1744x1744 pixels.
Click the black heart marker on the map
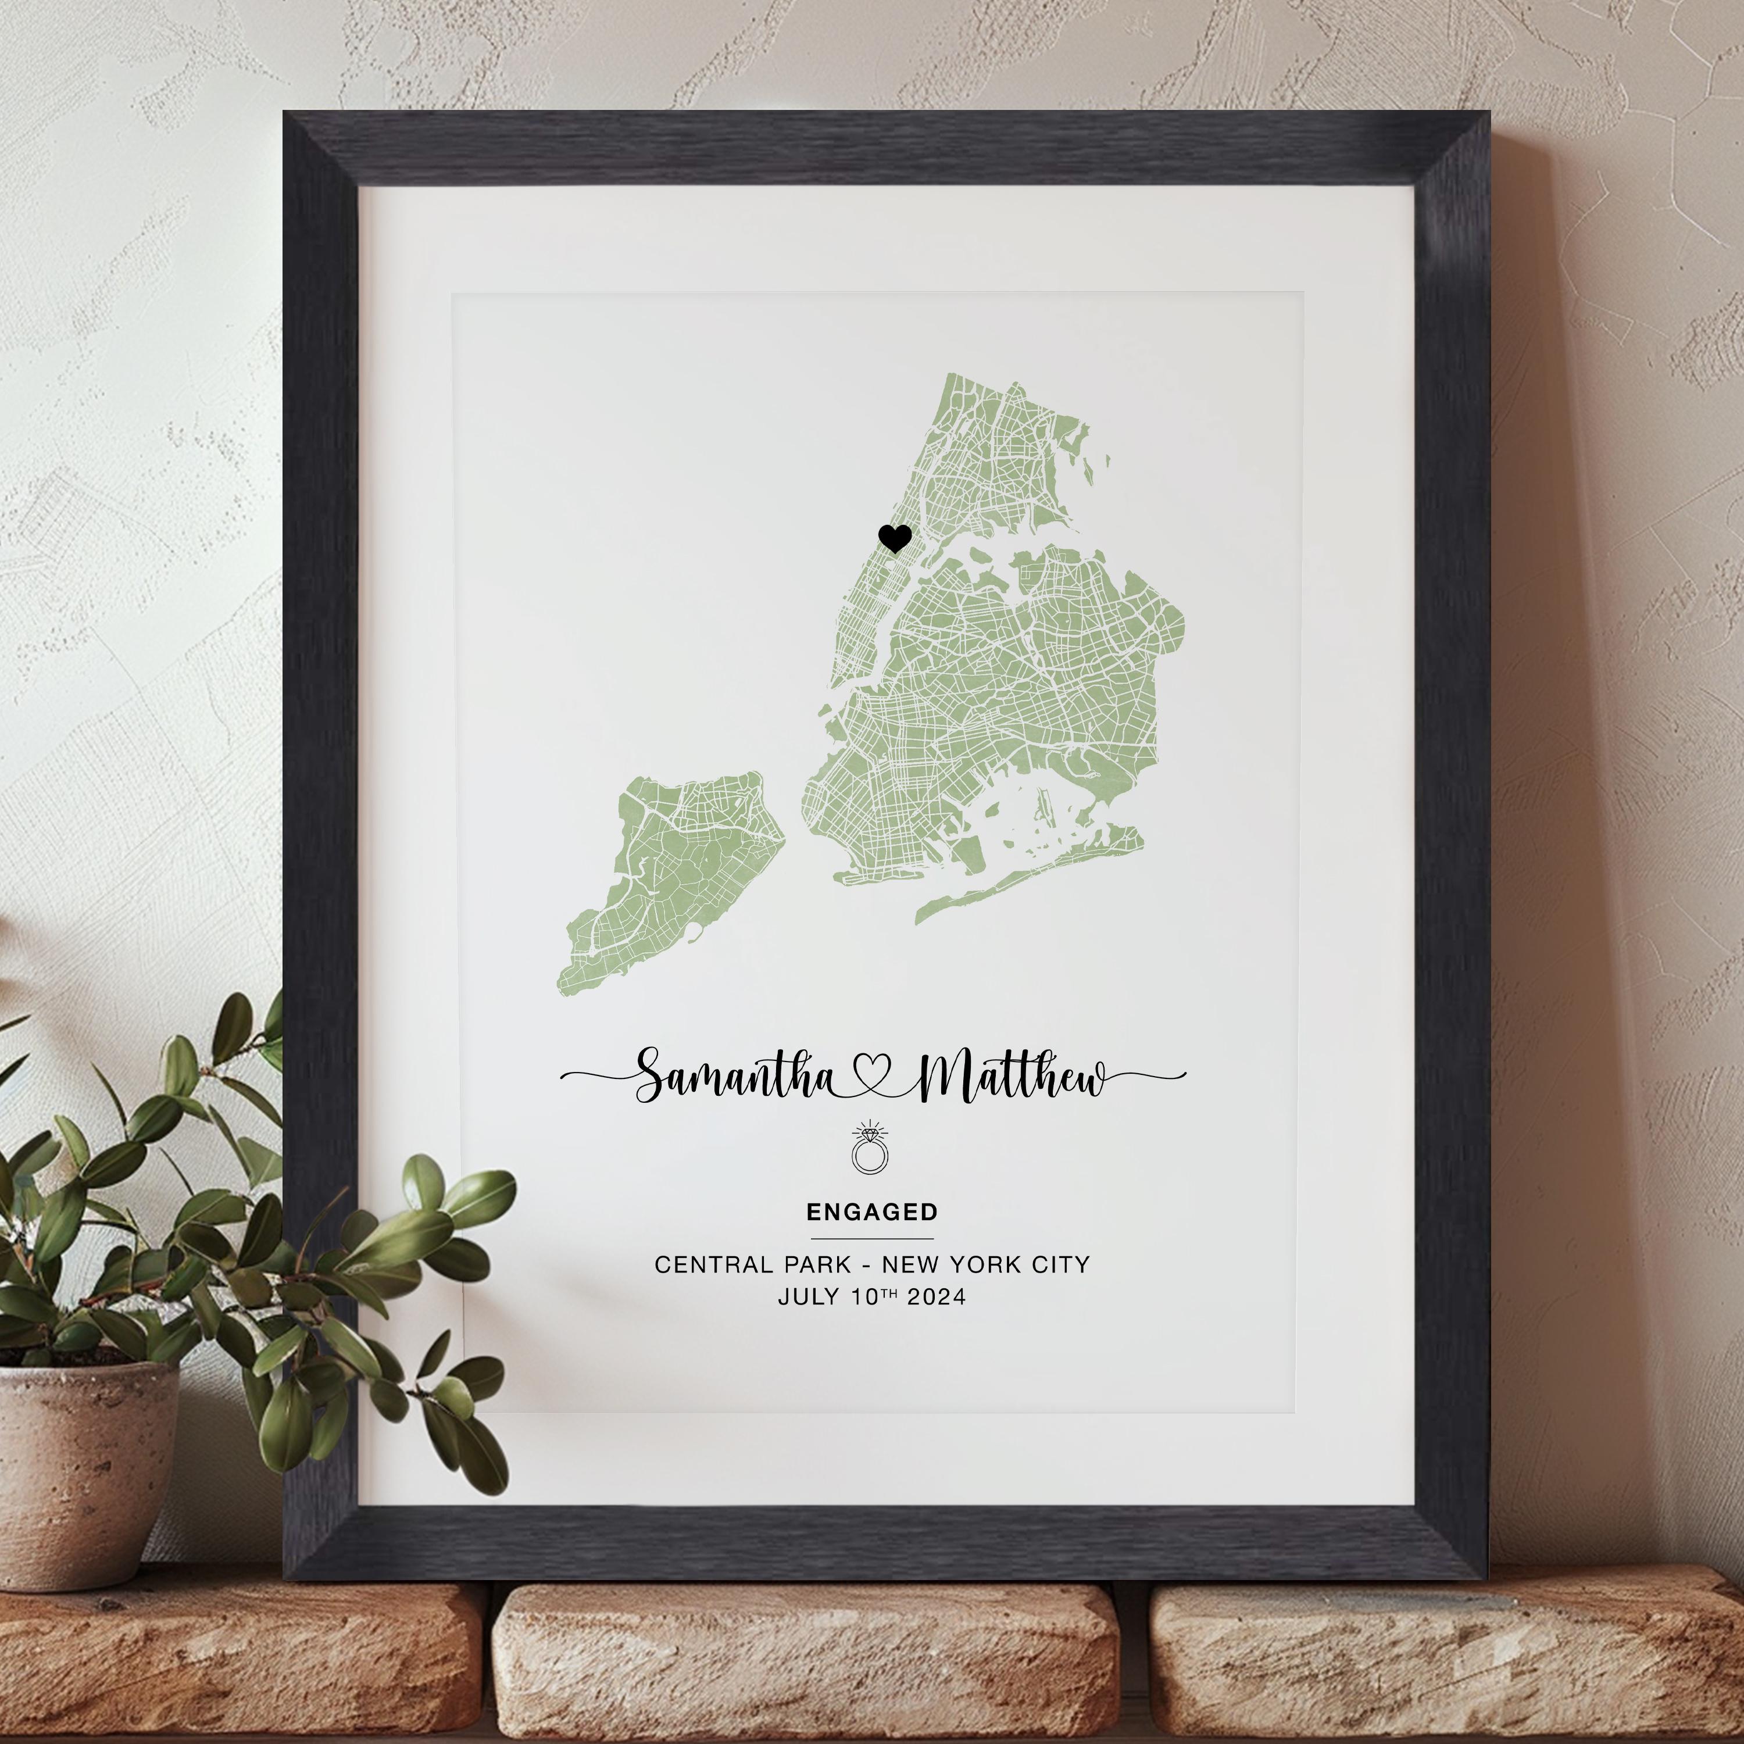(894, 539)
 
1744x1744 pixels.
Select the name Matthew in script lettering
(1011, 1077)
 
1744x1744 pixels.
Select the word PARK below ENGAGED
(818, 1264)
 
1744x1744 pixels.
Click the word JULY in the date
(809, 1297)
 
